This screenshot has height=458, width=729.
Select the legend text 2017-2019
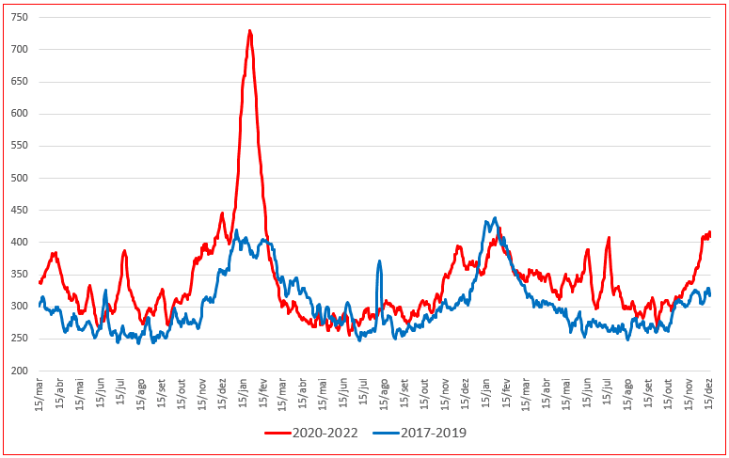coord(432,434)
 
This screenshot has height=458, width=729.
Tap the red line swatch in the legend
coord(277,434)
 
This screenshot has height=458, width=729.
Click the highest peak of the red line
coord(249,31)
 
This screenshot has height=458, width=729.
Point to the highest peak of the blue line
coord(495,219)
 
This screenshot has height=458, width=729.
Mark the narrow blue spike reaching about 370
coord(379,261)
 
